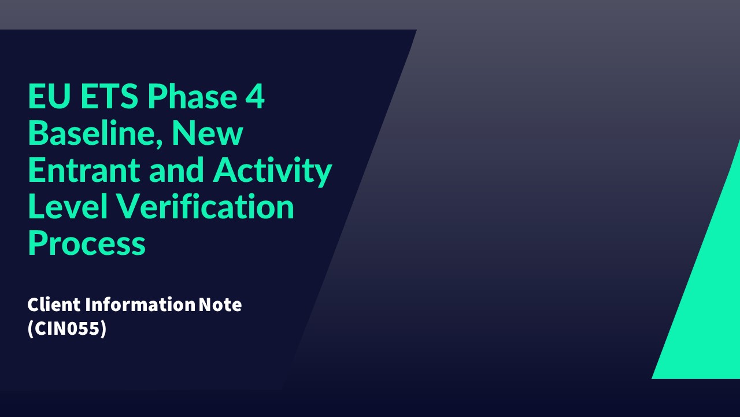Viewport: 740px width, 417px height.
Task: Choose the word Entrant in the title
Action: [84, 170]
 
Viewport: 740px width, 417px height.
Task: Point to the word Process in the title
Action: [87, 244]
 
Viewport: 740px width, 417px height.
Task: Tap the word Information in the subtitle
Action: [140, 305]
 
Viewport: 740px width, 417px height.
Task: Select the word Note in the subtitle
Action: [220, 305]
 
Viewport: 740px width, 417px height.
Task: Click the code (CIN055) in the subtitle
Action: [67, 328]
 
